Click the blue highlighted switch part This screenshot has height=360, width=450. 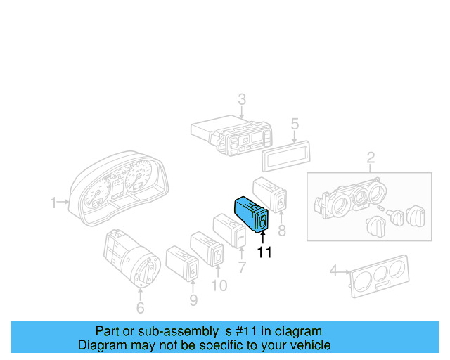coord(250,213)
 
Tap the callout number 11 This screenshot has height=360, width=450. coord(264,252)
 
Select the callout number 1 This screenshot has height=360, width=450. coord(53,203)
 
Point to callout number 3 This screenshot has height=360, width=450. coord(241,98)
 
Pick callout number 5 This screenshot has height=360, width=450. coord(295,124)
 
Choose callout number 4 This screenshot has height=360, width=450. coord(334,269)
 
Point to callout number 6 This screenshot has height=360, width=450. coord(140,307)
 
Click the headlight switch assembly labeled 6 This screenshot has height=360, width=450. coord(130,257)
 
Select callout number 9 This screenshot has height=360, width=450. coord(193,301)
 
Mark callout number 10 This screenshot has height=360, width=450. coord(219,285)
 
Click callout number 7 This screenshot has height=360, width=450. coord(242,267)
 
